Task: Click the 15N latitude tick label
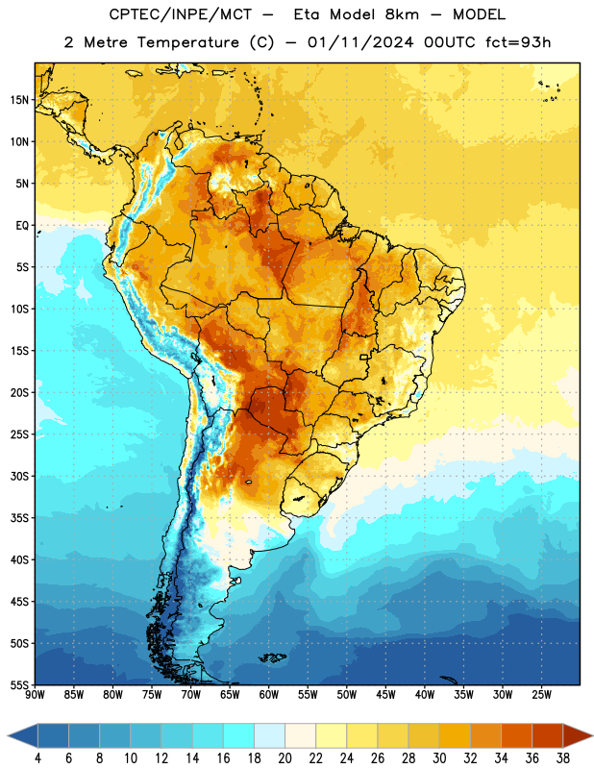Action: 19,100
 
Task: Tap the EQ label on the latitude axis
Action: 22,226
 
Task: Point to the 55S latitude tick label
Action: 19,684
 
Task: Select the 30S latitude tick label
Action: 19,476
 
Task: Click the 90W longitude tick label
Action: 35,694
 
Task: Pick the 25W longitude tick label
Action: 541,694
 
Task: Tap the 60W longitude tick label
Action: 269,694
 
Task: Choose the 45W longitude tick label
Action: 385,694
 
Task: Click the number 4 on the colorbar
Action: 37,758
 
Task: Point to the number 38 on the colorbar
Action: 563,758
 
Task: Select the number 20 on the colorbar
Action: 285,758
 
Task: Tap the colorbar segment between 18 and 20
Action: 269,735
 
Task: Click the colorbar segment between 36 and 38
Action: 548,735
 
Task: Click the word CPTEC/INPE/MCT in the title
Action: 181,14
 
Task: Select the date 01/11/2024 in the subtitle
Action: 360,42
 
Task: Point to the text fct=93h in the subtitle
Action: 518,42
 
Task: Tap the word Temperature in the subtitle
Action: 187,42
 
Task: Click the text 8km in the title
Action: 402,14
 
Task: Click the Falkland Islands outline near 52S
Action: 272,657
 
